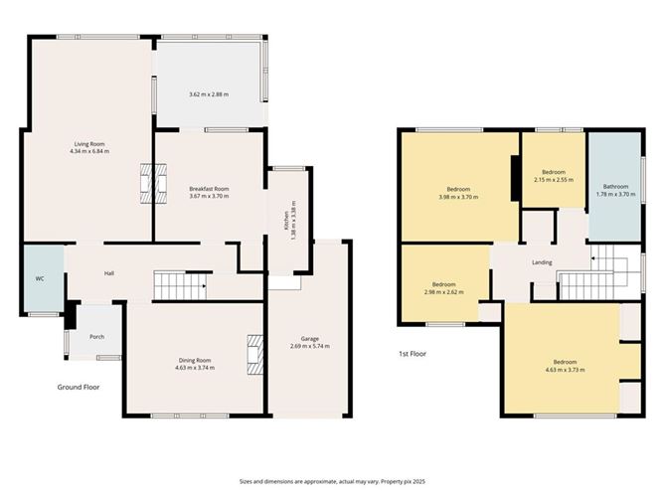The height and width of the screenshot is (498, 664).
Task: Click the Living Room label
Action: point(88,143)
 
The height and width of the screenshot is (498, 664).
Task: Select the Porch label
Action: point(96,337)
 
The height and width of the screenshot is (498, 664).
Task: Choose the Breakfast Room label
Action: point(209,189)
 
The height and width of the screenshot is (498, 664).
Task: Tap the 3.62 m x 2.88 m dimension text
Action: point(209,94)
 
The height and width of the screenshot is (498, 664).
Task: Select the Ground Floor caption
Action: point(79,387)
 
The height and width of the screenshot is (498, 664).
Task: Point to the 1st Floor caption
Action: point(413,352)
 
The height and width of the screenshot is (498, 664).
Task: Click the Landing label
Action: point(543,262)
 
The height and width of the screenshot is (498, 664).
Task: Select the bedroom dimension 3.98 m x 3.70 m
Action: point(458,197)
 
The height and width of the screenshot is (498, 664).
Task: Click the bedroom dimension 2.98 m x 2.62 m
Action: point(443,291)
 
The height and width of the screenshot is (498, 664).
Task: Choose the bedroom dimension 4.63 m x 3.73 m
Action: point(564,370)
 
